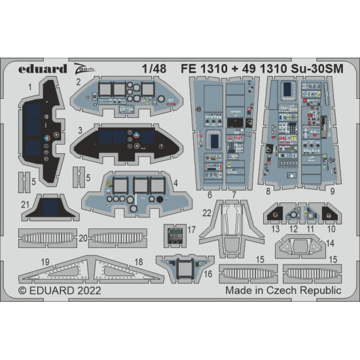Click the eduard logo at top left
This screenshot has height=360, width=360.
(44, 67)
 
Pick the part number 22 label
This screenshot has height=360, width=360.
(206, 213)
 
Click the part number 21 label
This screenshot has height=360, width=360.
(25, 204)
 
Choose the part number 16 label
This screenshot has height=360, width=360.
(209, 273)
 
